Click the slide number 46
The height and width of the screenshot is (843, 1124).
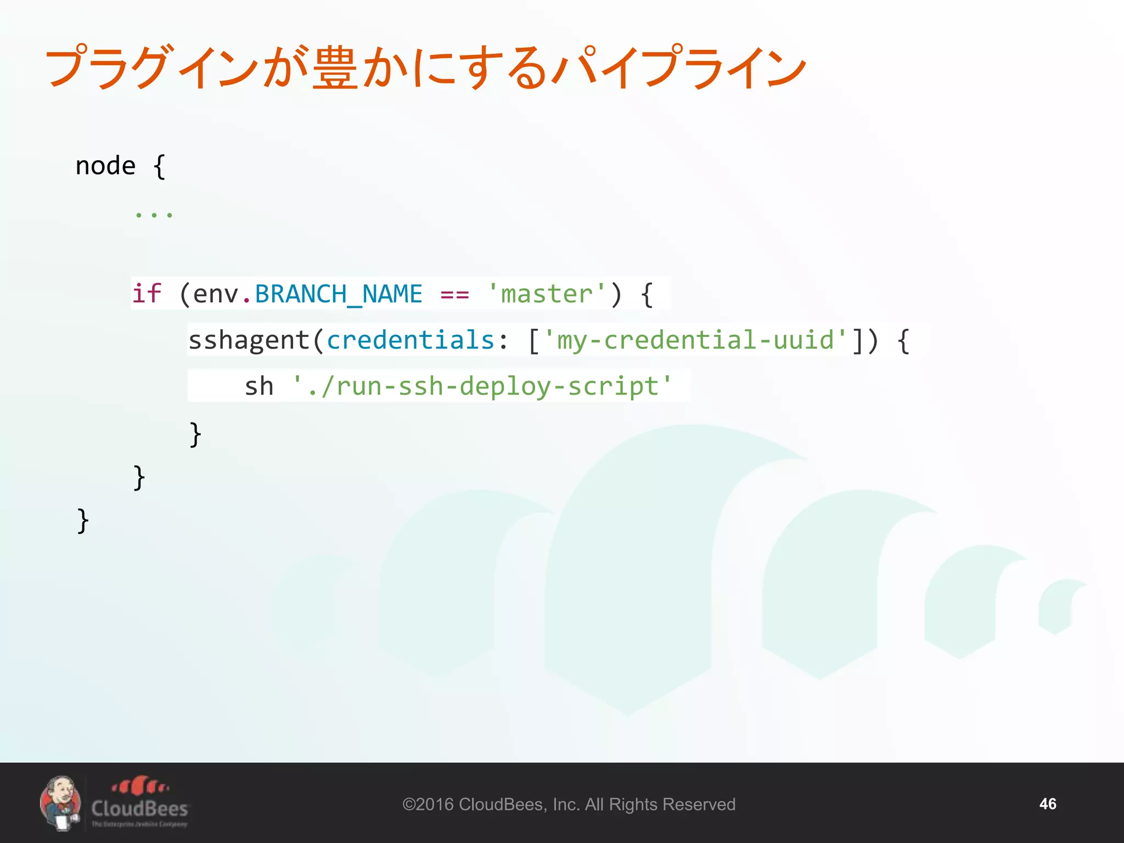pos(1047,804)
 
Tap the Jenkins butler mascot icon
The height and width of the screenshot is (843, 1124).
pos(60,802)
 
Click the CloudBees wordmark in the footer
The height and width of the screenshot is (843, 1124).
pos(140,808)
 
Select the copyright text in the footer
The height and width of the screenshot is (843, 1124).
pos(569,805)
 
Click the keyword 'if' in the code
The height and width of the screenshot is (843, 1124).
pos(147,294)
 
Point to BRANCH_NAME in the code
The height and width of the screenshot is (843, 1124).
pos(339,295)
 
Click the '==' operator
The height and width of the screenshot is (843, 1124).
pos(454,295)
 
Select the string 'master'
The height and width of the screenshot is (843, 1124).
pos(547,295)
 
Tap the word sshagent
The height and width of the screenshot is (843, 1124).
pos(249,341)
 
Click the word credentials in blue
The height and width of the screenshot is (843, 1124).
pos(411,340)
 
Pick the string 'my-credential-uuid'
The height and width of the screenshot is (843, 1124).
pos(695,340)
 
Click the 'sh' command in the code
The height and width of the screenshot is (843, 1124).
pos(258,386)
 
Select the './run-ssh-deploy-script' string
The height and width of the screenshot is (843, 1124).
pos(482,386)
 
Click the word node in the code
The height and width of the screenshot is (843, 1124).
pos(105,166)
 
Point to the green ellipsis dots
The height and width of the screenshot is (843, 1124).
pos(154,215)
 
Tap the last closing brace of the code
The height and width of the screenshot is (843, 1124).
pos(83,521)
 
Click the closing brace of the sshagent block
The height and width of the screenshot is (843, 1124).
pos(195,435)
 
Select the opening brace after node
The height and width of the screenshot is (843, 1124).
pos(159,166)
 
